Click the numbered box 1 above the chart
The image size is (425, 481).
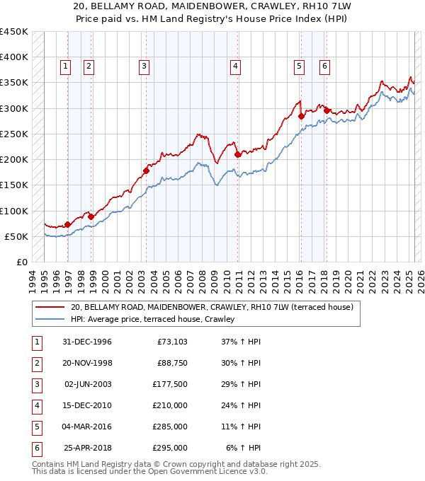point(65,66)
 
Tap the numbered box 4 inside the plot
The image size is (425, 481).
point(234,66)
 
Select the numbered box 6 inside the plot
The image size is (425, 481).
point(324,66)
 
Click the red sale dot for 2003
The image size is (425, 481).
point(147,170)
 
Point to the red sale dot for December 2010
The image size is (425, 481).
point(237,153)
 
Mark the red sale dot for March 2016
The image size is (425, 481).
point(301,116)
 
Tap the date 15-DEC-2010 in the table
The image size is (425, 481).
point(88,406)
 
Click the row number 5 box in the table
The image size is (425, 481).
point(36,427)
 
